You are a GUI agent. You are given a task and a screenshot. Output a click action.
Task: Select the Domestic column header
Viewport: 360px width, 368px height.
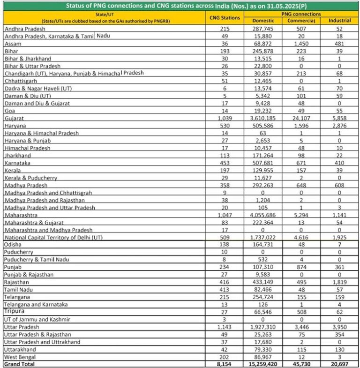263,22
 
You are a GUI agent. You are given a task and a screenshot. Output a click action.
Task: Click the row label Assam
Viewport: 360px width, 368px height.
13,43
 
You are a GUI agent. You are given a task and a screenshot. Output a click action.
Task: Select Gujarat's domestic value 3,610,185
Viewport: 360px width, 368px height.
266,119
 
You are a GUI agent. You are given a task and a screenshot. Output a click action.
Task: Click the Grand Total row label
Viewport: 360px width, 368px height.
19,364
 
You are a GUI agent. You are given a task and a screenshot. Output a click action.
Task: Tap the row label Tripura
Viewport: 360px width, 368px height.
14,311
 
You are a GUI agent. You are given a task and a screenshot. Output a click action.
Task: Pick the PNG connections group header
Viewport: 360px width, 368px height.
300,15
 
